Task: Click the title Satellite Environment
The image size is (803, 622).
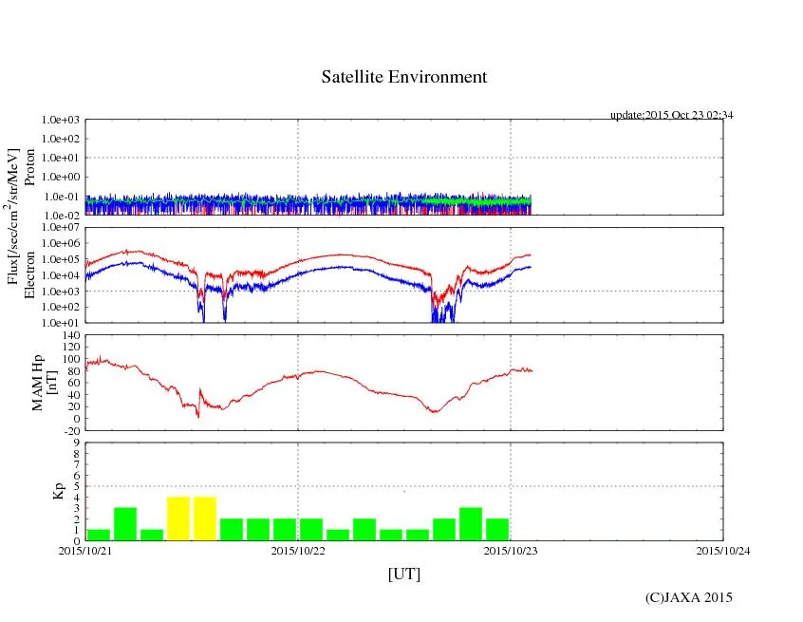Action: coord(404,77)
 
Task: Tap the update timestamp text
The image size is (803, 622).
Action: coord(671,115)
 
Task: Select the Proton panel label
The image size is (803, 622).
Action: coord(30,167)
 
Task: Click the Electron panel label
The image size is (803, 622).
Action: coord(30,275)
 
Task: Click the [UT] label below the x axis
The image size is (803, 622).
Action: coord(404,574)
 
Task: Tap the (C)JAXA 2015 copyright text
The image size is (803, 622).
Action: coord(688,597)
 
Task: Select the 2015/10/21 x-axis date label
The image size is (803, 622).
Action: coord(85,550)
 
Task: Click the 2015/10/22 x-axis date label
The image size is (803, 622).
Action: coord(298,550)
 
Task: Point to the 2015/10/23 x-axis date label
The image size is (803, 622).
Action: coord(511,550)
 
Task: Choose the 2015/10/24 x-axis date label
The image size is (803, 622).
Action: coord(723,550)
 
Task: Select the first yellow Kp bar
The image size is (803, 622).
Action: coord(178,518)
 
